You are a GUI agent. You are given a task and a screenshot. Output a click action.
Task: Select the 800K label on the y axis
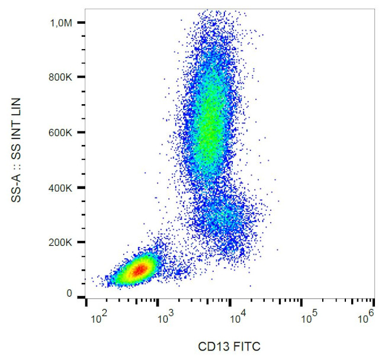(x=61, y=77)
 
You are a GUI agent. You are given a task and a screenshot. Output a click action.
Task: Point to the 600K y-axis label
(x=61, y=133)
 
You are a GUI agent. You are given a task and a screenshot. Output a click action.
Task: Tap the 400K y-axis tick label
(x=61, y=188)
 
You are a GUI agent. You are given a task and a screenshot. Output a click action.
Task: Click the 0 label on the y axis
(x=69, y=294)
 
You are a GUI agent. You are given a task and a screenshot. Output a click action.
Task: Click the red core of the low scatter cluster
(x=139, y=270)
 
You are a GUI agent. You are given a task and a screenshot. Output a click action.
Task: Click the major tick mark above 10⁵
(x=302, y=302)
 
